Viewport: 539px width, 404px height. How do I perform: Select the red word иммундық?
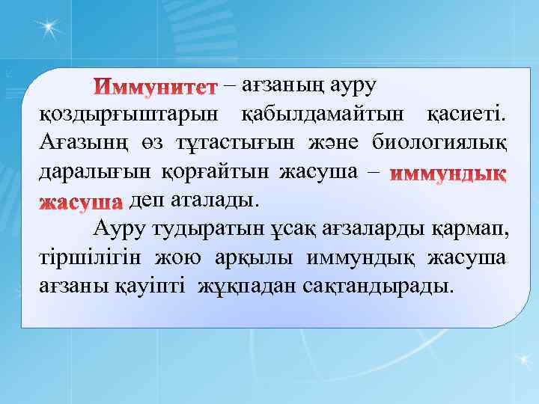click(x=449, y=174)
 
